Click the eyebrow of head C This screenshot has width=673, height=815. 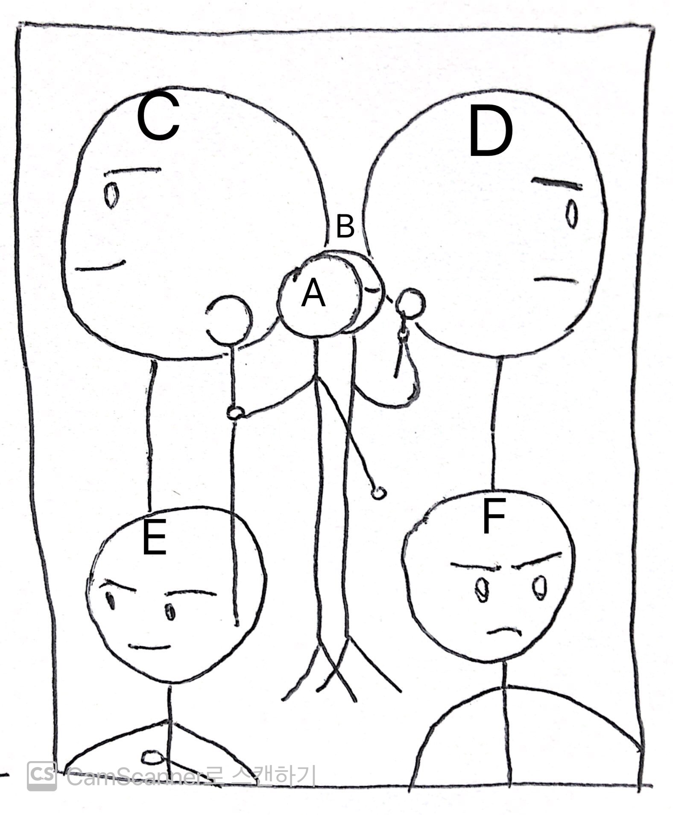(133, 171)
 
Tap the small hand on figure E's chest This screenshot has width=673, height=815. (152, 758)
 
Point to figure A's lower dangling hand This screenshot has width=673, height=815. (378, 493)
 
